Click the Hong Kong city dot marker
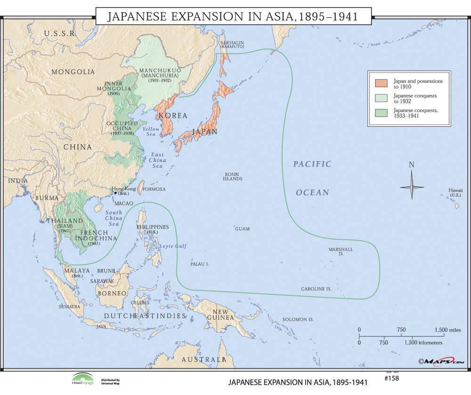[115, 193]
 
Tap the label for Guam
[243, 229]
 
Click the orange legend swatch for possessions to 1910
[382, 83]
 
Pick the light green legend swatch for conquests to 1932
[382, 98]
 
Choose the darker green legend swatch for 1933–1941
[382, 113]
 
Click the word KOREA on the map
[173, 115]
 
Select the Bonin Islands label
[233, 176]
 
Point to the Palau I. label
[200, 264]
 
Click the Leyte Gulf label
[173, 246]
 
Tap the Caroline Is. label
[317, 288]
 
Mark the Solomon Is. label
[298, 320]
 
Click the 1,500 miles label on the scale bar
[447, 330]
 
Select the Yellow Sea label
[151, 132]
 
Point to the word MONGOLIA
[73, 72]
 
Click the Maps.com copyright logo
[440, 361]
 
